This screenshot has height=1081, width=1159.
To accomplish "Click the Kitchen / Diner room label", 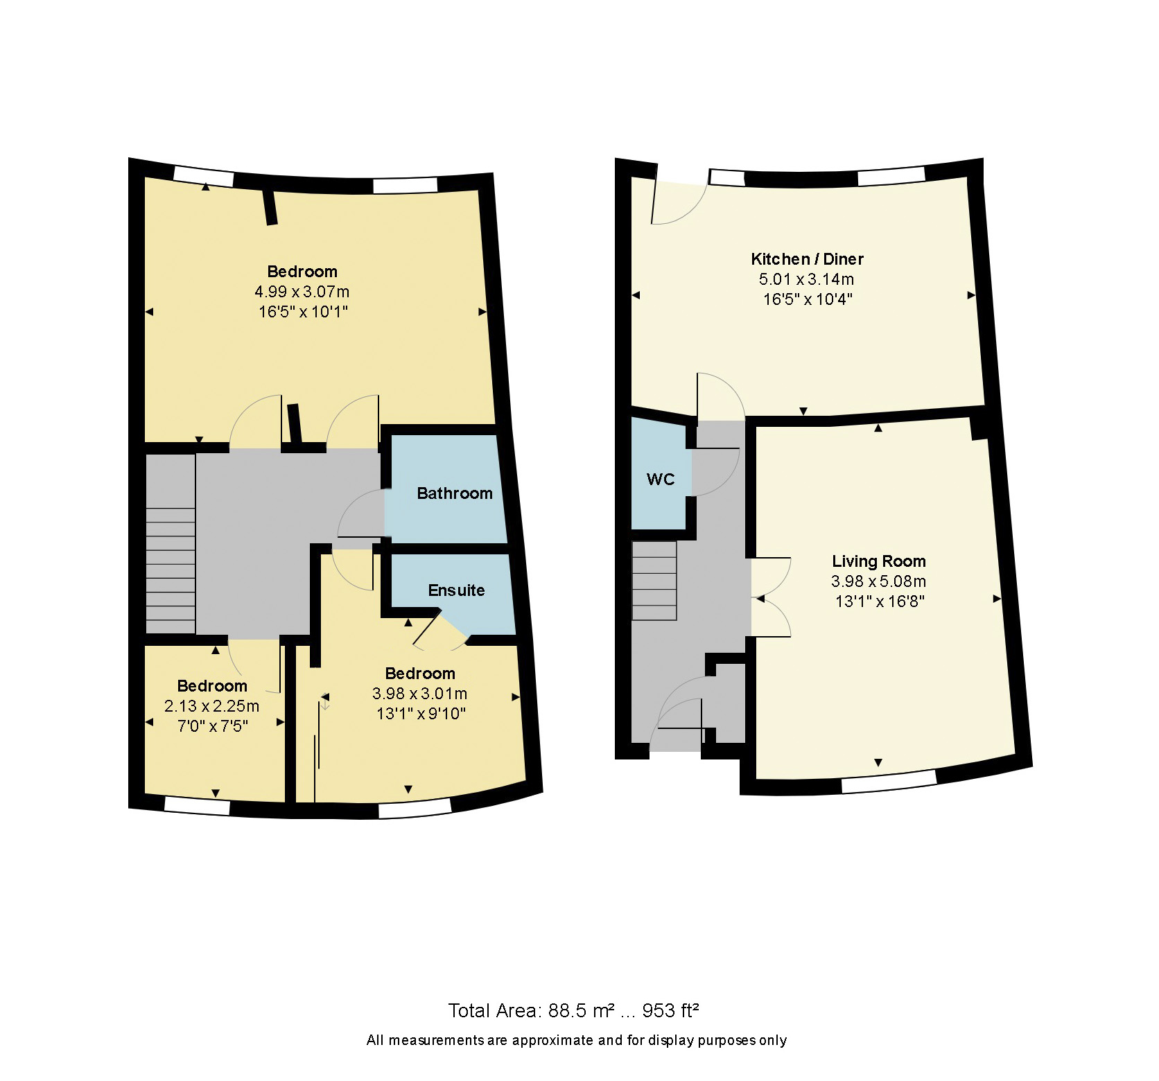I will pos(807,259).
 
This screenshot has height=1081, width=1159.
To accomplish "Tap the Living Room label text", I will pos(878,561).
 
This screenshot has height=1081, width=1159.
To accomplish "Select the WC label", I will pos(660,480).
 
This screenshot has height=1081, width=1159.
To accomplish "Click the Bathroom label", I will pos(455,493).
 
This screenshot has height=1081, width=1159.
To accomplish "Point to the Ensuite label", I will pos(456,590).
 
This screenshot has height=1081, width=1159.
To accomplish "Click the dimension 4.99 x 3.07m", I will pos(302,292).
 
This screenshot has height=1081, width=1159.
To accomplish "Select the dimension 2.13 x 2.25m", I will pos(211,706).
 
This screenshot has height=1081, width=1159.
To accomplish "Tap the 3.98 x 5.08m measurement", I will pos(878,581).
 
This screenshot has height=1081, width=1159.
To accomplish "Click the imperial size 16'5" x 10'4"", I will pos(807,299).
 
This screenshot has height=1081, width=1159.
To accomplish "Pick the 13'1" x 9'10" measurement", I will pos(420,714).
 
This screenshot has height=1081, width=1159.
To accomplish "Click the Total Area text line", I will pos(573,1010).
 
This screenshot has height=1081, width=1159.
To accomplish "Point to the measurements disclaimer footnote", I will pos(576,1040).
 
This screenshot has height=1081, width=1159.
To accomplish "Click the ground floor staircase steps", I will pos(654,581).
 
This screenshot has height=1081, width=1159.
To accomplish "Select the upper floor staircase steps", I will pos(171,570).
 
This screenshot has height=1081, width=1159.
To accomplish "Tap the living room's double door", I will pos(771,597).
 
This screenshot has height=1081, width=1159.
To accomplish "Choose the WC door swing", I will pos(714,472).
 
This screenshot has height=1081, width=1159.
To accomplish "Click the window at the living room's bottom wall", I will pos(888,780).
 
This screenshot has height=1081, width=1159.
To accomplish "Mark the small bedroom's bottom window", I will pos(197,806).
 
